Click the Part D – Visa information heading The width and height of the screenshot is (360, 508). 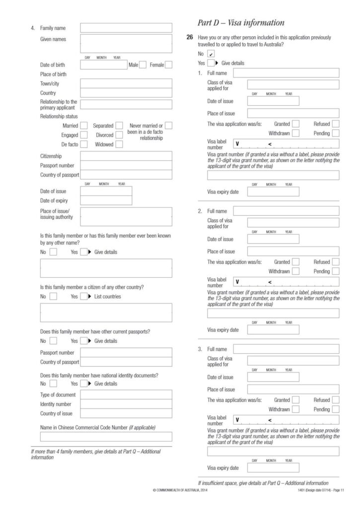point(241,23)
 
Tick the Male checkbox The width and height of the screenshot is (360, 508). point(143,64)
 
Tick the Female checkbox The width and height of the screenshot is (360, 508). point(168,64)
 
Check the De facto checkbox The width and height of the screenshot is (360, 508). point(84,144)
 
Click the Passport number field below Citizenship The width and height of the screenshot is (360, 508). point(126,165)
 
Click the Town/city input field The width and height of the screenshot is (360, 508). point(126,83)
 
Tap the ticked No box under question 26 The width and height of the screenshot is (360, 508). point(211,54)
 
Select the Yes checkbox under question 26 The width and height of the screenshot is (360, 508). point(211,63)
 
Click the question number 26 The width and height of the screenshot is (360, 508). point(190,37)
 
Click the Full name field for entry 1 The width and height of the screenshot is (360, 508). point(286,73)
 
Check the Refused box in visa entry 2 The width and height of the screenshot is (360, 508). point(336,262)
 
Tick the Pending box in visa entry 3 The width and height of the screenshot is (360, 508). point(336,409)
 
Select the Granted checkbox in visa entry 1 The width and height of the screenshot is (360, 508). point(296,124)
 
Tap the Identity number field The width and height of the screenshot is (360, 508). point(126,404)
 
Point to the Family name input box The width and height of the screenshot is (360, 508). point(126,28)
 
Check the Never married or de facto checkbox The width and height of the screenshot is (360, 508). point(168,126)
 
